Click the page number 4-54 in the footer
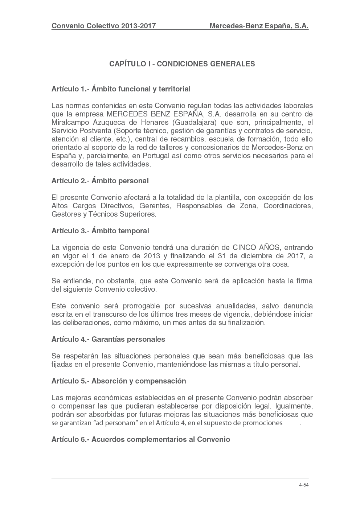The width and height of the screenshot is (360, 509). [303, 485]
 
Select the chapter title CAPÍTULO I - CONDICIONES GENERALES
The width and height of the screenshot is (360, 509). [182, 64]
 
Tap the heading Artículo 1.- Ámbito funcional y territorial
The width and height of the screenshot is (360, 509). [121, 89]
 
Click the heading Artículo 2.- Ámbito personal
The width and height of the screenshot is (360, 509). [100, 181]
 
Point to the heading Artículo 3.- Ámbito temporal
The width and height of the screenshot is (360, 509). [100, 231]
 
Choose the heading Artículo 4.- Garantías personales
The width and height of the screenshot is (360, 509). [108, 339]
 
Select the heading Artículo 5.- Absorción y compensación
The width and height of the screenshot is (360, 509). [119, 381]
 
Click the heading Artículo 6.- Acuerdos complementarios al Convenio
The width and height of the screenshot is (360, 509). [141, 439]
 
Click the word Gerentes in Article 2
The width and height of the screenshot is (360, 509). [155, 206]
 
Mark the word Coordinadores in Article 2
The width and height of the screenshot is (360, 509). [288, 206]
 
